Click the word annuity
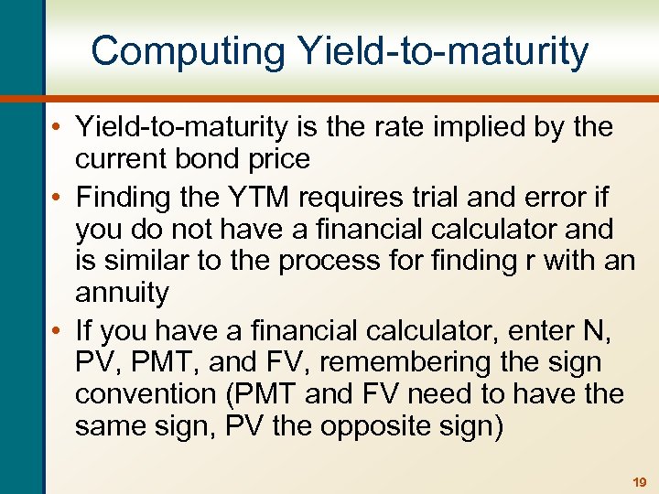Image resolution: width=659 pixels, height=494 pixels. (x=122, y=294)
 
